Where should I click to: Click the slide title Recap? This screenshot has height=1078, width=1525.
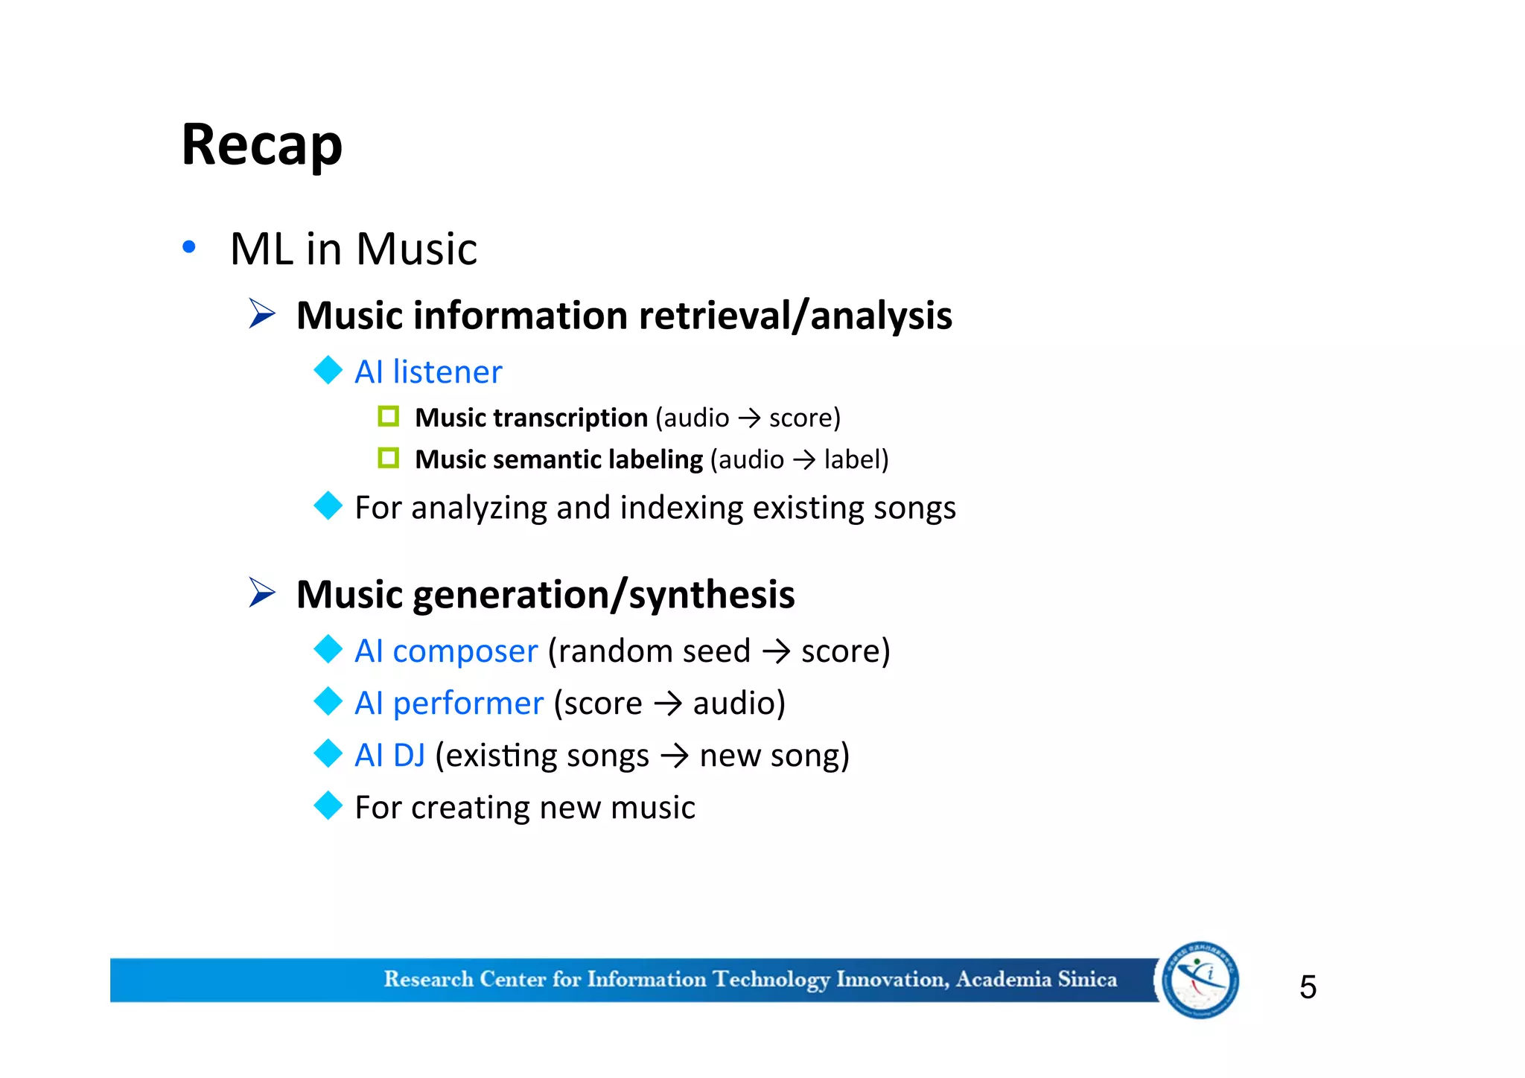pos(262,144)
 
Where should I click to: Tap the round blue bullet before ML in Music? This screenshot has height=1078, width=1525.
pos(189,247)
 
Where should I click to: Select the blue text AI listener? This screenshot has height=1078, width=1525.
pos(428,371)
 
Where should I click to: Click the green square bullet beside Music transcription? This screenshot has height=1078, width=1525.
pos(389,416)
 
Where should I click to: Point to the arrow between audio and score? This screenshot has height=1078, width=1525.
pos(749,418)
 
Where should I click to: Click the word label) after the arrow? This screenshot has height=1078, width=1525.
pos(856,459)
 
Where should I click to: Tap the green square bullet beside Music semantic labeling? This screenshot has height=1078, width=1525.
pos(389,458)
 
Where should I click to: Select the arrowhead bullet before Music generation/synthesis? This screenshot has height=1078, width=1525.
pos(262,593)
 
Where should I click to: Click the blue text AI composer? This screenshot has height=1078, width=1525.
pos(446,651)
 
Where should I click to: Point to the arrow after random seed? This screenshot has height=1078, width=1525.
pos(776,652)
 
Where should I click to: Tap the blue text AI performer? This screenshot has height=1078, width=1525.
pos(449,703)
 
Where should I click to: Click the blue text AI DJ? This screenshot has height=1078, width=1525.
pos(390,755)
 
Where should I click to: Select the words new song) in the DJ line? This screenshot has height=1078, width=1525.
pos(774,755)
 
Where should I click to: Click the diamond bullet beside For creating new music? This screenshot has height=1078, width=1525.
pos(328,806)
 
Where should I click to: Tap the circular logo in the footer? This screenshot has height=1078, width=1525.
pos(1200,980)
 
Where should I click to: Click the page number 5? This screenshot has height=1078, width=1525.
pos(1308,987)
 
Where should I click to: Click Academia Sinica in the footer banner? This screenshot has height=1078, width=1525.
pos(1037,979)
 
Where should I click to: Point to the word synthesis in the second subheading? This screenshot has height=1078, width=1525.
pos(712,595)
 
